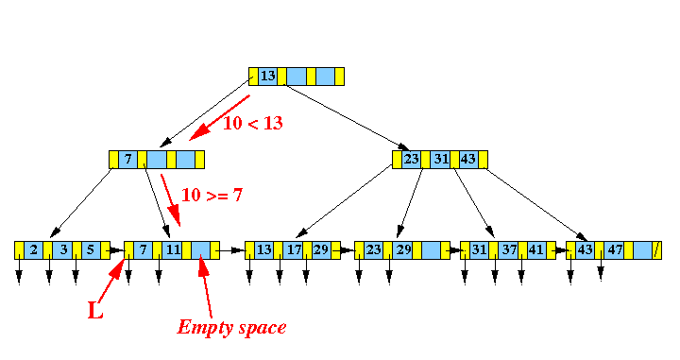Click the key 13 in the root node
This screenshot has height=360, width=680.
267,76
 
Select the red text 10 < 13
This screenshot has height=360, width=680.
252,122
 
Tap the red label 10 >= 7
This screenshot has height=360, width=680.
212,195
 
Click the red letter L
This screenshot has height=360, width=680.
95,310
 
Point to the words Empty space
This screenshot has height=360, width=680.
231,327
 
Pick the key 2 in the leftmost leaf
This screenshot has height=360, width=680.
34,250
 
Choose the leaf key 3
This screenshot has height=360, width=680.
61,250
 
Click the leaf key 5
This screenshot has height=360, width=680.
90,250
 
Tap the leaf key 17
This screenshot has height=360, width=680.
293,250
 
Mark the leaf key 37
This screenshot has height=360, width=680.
508,250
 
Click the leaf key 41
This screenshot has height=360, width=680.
535,250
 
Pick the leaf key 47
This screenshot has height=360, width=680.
615,250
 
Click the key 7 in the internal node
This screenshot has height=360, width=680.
127,159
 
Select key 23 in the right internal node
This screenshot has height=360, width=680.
411,159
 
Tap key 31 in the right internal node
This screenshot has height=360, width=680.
439,159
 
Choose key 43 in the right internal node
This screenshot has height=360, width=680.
467,159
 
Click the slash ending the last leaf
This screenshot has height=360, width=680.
656,250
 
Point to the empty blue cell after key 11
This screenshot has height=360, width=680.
200,250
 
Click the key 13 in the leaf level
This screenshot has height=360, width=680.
264,250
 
